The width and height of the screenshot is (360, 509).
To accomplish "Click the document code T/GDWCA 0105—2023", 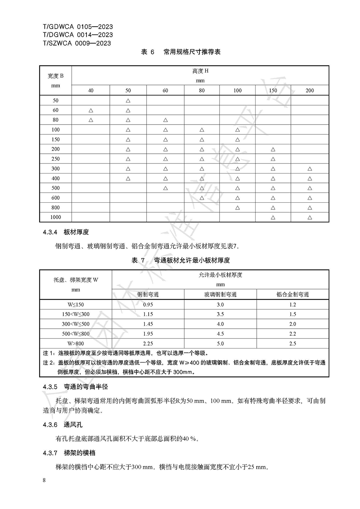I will [77, 27].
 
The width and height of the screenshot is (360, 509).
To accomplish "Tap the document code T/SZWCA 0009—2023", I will [77, 43].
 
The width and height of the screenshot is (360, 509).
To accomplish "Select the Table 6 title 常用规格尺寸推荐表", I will [192, 52].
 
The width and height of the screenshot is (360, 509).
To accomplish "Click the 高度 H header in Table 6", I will [200, 71].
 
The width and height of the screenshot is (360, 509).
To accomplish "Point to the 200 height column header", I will [310, 90].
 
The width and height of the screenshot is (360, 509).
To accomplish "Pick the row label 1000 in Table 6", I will [55, 217].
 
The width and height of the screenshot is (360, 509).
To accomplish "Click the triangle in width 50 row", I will [128, 100].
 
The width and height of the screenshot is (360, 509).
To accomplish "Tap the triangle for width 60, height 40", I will [91, 110].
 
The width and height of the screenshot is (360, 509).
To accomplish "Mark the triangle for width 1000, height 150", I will [273, 217].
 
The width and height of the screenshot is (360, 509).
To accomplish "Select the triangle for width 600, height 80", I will [202, 198].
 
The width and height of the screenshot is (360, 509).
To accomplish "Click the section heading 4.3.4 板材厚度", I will [66, 232].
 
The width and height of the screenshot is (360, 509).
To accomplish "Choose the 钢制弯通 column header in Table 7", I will [148, 294].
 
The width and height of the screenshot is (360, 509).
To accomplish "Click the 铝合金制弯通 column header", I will [292, 294].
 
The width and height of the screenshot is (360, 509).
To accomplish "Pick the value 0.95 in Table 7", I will [148, 305].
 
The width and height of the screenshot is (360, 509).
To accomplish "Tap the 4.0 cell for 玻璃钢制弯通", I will [220, 324].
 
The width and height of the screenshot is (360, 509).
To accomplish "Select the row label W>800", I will [76, 343].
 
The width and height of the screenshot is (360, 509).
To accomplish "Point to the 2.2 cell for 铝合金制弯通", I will [292, 334].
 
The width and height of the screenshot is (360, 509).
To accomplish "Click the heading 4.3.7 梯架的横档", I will [69, 453].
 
